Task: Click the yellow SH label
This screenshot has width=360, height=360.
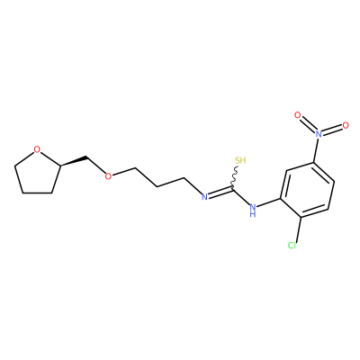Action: (240, 160)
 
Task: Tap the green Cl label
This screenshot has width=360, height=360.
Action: (292, 246)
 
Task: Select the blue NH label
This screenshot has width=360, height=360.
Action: (253, 210)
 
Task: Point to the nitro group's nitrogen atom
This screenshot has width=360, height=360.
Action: (319, 134)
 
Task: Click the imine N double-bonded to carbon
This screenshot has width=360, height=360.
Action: (204, 197)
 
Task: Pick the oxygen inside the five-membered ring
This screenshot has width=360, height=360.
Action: (37, 149)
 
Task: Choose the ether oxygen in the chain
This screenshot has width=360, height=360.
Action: (108, 176)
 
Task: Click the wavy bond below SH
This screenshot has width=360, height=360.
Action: (235, 177)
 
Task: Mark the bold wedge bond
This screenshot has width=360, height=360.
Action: (74, 160)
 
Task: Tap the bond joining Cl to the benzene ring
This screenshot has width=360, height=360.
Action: (298, 229)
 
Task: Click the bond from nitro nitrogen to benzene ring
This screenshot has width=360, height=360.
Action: (316, 150)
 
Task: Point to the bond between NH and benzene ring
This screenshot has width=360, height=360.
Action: (269, 202)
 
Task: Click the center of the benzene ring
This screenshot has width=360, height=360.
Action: (308, 190)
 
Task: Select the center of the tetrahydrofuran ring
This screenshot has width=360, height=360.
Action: (37, 174)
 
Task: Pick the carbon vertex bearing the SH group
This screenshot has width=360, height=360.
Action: (232, 188)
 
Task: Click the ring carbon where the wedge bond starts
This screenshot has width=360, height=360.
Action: (60, 165)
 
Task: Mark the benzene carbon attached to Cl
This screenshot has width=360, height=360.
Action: (301, 217)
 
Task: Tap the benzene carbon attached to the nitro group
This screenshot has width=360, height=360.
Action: (314, 163)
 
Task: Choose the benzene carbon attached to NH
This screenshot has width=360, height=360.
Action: (281, 199)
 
